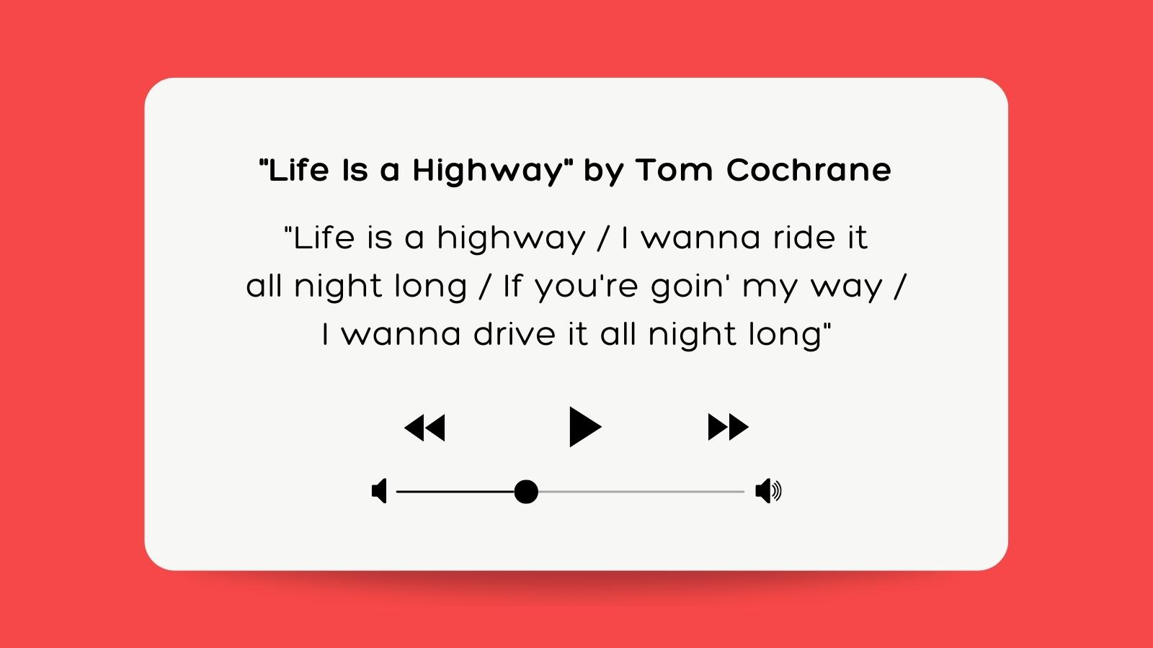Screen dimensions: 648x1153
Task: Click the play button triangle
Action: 583,427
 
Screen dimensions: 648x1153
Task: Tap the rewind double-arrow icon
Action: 425,428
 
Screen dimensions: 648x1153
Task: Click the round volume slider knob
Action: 526,492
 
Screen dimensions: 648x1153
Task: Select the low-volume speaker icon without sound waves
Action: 379,491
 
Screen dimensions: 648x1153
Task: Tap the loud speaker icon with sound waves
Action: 767,491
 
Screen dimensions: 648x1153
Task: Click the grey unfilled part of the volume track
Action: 641,492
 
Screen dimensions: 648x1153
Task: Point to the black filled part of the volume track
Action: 454,492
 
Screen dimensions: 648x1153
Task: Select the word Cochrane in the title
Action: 809,171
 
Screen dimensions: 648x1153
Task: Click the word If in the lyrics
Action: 512,286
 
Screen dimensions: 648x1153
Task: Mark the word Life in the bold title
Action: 298,171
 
